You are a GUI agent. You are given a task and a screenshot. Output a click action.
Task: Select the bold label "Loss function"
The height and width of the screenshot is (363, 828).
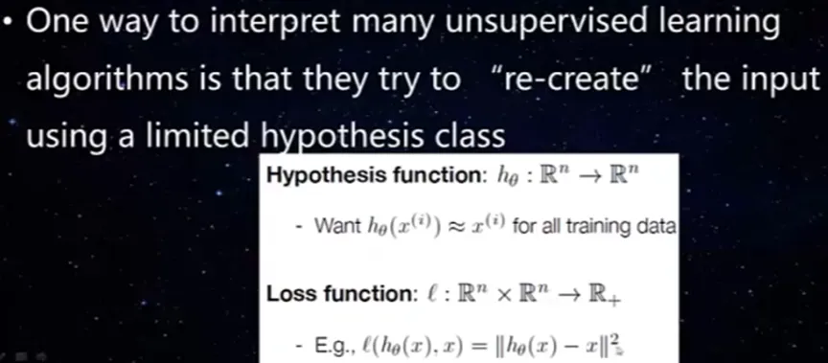click(x=342, y=295)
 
